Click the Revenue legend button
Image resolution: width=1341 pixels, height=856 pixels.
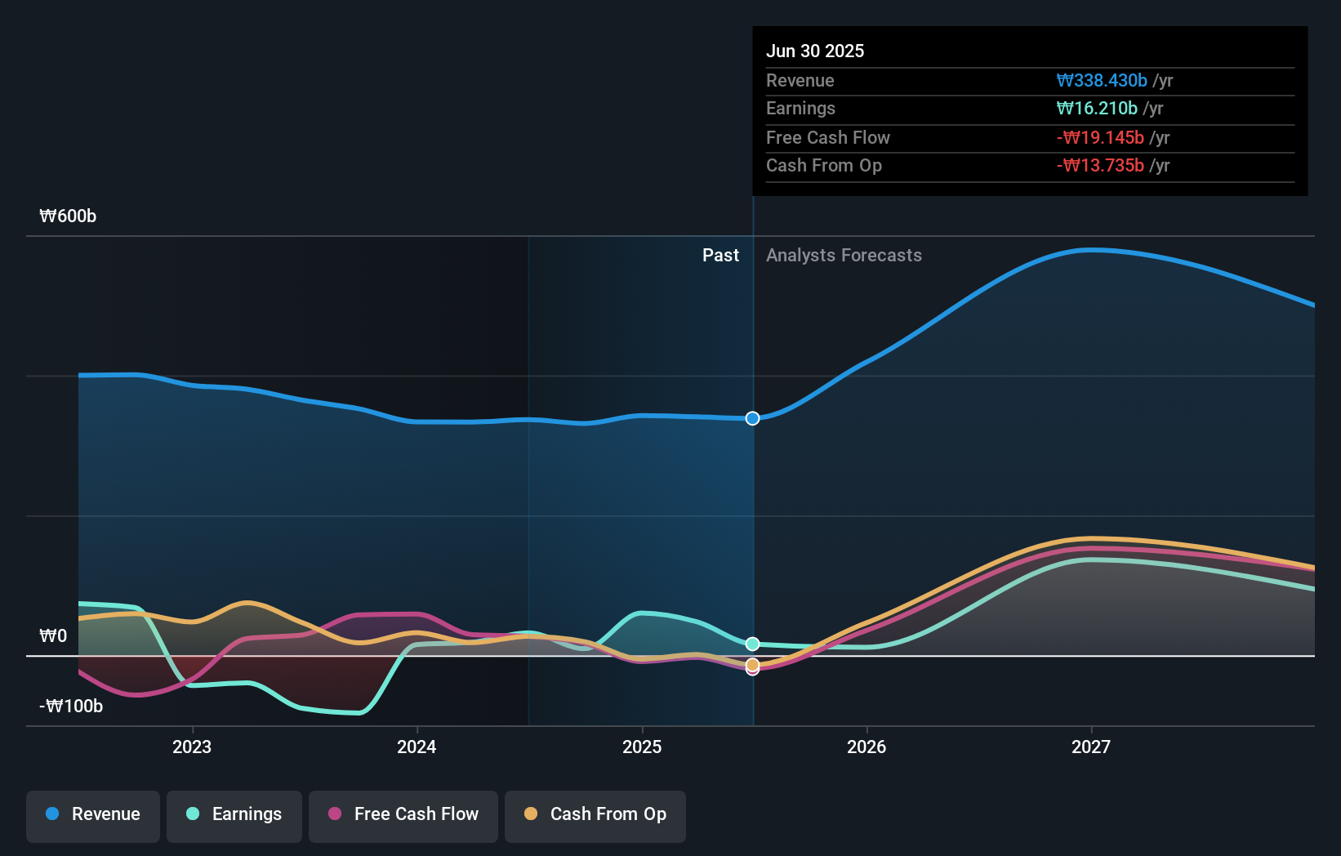[93, 815]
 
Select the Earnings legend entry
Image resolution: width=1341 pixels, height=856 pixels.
[234, 815]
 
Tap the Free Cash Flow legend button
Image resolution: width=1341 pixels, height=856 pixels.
[403, 815]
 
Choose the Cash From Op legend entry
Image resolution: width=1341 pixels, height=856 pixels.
[595, 815]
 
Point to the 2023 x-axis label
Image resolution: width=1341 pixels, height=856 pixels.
[192, 747]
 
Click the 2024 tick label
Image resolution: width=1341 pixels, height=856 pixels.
[417, 747]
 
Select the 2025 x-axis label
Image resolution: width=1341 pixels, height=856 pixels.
[642, 747]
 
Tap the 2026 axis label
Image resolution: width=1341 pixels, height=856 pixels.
[867, 747]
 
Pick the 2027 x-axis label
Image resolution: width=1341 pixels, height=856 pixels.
[1091, 747]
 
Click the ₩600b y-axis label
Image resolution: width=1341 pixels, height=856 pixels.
[68, 216]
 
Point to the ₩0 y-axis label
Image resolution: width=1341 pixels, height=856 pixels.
[53, 636]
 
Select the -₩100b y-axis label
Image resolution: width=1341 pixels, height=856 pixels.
[71, 707]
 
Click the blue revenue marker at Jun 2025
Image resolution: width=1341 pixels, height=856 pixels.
[753, 418]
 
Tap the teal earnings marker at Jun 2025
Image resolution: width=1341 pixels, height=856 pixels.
[753, 644]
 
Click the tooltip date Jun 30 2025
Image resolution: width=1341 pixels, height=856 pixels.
[814, 51]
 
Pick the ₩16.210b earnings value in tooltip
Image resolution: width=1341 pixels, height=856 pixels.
[1096, 109]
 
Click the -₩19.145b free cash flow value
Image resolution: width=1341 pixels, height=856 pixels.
[1100, 137]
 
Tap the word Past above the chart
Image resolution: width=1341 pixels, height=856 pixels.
[720, 256]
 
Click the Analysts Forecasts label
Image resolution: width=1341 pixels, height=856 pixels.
[844, 256]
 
